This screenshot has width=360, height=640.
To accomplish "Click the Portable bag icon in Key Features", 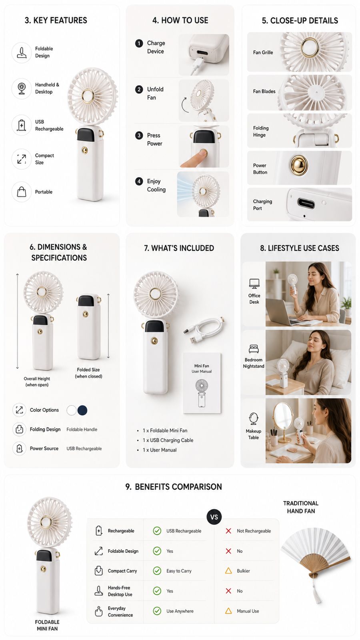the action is point(22,192).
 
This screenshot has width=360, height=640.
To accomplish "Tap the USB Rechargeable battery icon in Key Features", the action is point(22,125).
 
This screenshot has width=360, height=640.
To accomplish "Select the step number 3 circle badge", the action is point(139,136).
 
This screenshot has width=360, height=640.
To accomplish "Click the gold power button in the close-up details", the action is point(299,165).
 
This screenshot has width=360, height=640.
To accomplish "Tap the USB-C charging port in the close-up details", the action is point(306,204).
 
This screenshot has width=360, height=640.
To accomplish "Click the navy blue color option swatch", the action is point(82,410).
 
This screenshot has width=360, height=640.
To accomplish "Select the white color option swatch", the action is point(72,410).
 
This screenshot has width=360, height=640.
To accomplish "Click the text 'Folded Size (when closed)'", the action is point(88,373).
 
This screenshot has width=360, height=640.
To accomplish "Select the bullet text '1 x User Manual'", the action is point(160,450).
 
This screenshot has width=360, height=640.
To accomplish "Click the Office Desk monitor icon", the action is point(254,284).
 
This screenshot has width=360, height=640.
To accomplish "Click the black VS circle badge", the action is point(214,517).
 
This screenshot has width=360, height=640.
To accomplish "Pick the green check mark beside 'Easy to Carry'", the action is point(157,570).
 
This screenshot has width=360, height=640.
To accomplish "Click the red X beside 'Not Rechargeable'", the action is point(228,531).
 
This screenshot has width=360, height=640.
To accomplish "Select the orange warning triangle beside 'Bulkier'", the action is point(228,570).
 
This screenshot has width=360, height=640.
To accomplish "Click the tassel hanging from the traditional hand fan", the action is point(316,592).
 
